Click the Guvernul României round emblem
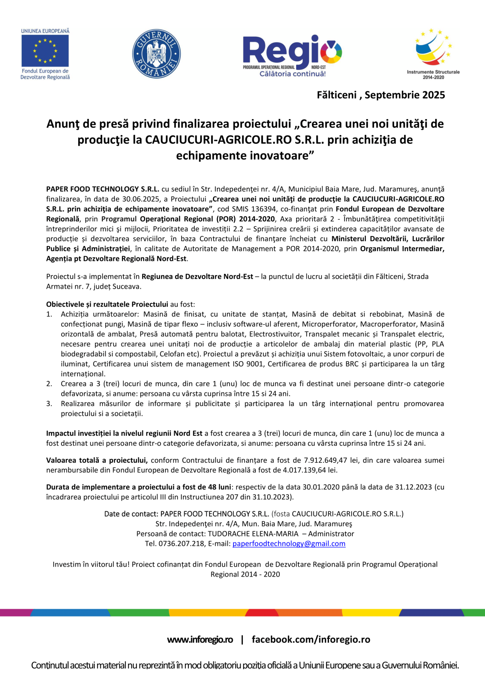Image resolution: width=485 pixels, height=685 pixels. click(156, 54)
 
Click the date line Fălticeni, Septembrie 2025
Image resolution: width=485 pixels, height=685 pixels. click(381, 95)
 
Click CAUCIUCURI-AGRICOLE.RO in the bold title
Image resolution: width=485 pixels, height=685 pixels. click(218, 140)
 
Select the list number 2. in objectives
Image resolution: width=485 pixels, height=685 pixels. click(49, 384)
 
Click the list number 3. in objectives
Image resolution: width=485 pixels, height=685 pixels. click(49, 404)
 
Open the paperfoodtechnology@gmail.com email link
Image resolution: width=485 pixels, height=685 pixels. click(289, 544)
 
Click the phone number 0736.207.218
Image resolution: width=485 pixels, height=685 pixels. click(181, 544)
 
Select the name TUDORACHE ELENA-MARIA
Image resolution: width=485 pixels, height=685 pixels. click(253, 534)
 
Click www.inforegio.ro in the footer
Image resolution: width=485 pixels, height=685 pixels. click(200, 640)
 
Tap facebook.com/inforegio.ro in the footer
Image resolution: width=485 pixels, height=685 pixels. click(311, 640)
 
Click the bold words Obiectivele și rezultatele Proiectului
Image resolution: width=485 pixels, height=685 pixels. click(107, 304)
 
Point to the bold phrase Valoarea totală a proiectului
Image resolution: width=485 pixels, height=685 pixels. click(97, 460)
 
